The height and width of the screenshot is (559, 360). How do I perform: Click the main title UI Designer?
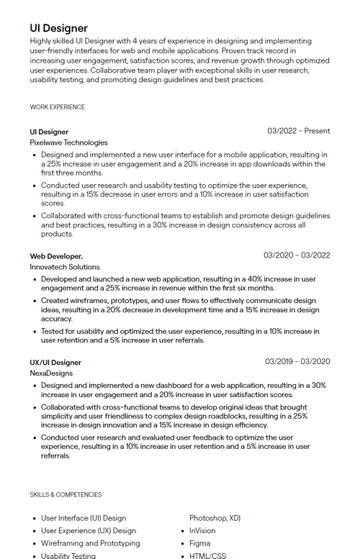pos(58,28)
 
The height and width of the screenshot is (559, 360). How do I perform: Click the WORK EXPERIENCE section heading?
pos(57,107)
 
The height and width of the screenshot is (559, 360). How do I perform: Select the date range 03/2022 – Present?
pos(298,131)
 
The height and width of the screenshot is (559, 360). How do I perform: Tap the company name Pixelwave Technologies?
pos(68,142)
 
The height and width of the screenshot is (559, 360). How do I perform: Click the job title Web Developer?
pos(56,255)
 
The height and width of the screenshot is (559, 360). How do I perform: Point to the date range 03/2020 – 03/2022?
pos(297,255)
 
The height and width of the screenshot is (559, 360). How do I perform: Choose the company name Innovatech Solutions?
pos(65,267)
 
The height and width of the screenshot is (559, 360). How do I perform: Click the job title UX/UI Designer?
pos(55,362)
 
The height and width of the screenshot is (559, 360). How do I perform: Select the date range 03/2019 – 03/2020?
pos(297,361)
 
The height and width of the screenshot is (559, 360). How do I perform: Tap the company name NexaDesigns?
pos(51,373)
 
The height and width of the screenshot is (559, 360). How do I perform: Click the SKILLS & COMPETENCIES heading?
pos(66,495)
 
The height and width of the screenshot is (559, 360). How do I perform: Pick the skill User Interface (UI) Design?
pos(84,518)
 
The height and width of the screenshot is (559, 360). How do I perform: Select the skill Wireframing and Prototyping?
pos(90,543)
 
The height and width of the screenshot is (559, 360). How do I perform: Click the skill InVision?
pos(202,531)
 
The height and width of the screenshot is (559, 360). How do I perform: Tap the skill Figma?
pos(199,543)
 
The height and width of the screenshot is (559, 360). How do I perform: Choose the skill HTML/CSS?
pos(207,555)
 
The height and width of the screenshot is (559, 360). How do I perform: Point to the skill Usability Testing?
pos(68,555)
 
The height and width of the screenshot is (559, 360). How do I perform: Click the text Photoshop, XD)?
pos(215,518)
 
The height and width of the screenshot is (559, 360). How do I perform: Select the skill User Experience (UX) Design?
pos(89,531)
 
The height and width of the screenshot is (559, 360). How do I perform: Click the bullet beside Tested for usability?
pos(35,332)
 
